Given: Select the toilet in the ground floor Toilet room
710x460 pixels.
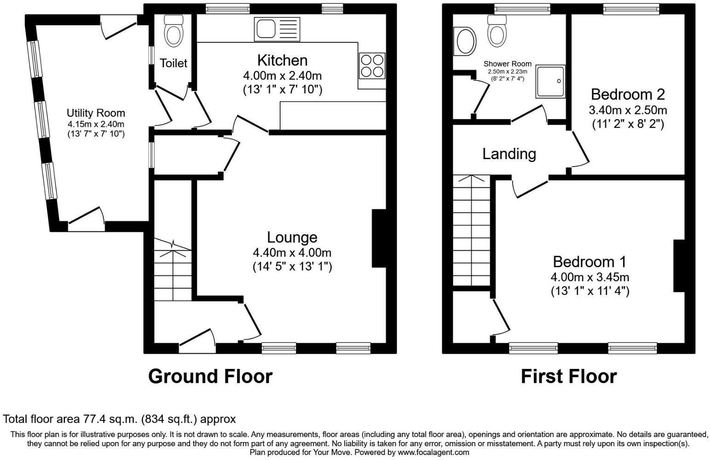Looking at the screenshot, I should pos(173,30).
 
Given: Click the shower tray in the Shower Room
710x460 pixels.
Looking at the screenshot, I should pos(550,81).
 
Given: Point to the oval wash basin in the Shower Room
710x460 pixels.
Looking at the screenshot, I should pos(465,41).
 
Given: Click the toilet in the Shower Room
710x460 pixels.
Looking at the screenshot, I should pos(497,31).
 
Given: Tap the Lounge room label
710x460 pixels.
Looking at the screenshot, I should pos(292,237).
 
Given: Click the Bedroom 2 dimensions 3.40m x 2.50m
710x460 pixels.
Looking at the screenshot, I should pos(628,110).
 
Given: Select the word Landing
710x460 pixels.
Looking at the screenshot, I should pos(509,154).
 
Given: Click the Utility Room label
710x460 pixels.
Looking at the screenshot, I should pos(96,113).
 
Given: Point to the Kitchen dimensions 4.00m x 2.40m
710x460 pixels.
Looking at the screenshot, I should pos(283,75).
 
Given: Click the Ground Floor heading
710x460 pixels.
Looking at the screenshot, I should pos(210,376).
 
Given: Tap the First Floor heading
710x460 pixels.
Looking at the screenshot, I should pos(568,376).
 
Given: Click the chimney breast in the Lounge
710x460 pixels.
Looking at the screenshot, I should pos(379,238).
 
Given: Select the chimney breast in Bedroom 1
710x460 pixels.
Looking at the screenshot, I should pos(679,265).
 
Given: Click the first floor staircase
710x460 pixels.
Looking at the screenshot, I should pos(471,230).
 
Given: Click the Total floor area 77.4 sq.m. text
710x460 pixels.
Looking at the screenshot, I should pos(119,419).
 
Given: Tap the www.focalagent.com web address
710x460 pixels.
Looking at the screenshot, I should pos(433,453).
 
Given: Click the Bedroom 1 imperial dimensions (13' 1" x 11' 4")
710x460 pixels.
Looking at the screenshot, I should pos(589,291).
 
